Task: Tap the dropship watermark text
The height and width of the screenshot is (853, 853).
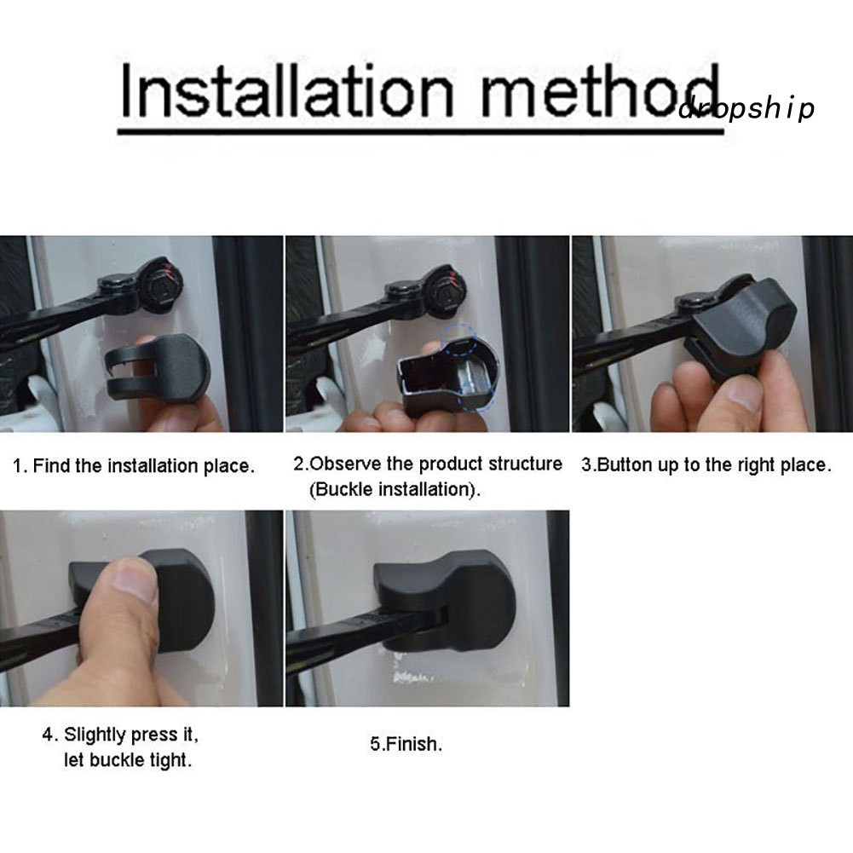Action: tap(746, 109)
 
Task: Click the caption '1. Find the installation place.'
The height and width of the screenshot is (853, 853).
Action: tap(133, 466)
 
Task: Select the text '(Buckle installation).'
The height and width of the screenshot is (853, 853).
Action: tap(395, 489)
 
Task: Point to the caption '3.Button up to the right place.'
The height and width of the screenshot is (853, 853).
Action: tap(706, 465)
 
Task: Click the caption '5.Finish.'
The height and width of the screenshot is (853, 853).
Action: tap(406, 744)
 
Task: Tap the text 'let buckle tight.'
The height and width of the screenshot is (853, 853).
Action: tap(128, 759)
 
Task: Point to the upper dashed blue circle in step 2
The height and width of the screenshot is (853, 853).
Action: tap(459, 339)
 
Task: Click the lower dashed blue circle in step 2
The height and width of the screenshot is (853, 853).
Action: tap(475, 395)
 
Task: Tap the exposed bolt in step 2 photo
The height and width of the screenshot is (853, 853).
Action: tap(447, 291)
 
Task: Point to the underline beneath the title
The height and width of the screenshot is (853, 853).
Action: tap(420, 131)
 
